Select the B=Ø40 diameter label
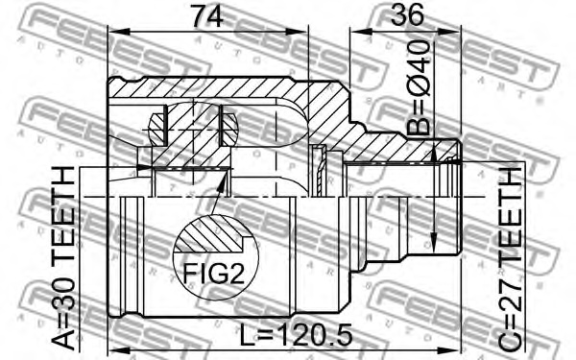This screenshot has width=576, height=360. [419, 96]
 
